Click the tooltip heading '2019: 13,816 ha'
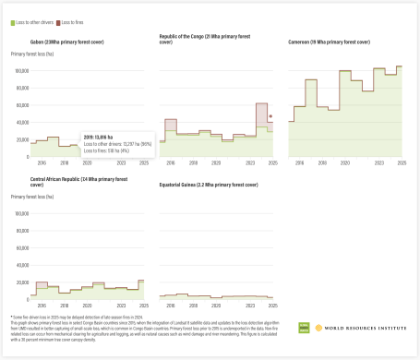click(x=99, y=135)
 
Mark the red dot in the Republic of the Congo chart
click(x=270, y=117)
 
